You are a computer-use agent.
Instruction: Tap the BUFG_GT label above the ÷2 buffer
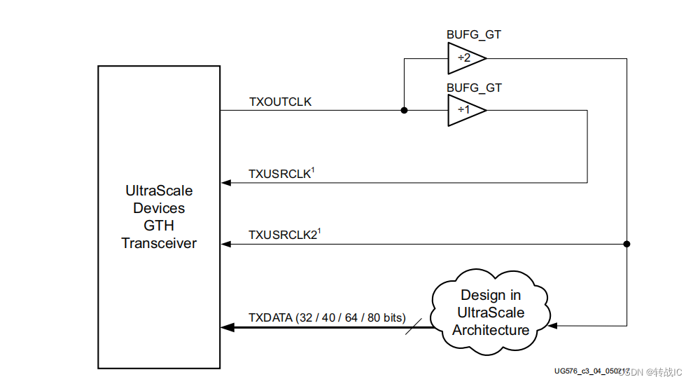[474, 34]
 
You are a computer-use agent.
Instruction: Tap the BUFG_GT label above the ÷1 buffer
[474, 88]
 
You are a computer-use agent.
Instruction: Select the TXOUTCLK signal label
[280, 102]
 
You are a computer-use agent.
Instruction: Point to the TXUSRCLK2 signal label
[283, 234]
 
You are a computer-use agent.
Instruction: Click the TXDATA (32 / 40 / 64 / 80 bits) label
[327, 318]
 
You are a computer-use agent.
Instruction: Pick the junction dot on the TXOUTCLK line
[404, 111]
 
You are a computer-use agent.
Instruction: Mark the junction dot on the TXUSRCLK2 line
[626, 244]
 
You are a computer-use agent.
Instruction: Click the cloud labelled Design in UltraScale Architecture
[490, 312]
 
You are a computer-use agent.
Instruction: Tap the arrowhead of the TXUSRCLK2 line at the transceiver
[225, 244]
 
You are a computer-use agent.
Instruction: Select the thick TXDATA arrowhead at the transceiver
[227, 327]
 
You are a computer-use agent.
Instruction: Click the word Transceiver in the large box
[159, 244]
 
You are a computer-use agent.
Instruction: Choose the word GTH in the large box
[159, 226]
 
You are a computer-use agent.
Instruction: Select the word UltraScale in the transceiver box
[159, 191]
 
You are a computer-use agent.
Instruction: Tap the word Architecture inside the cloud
[491, 330]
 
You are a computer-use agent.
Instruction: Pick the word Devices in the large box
[159, 208]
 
